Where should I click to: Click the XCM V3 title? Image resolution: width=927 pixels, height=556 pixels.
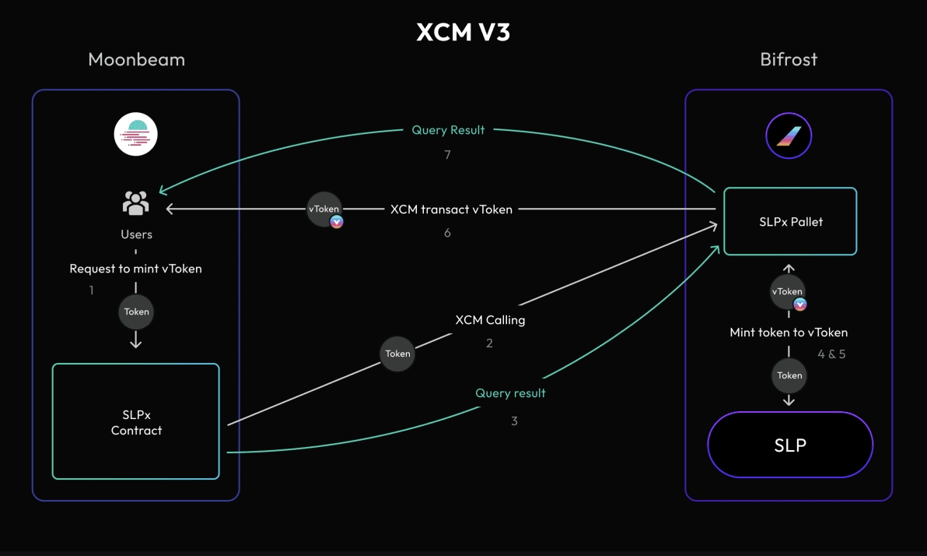463,32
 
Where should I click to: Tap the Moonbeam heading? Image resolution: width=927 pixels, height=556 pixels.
136,60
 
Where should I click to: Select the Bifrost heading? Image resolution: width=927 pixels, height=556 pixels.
789,60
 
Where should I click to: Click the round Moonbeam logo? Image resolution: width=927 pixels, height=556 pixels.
136,135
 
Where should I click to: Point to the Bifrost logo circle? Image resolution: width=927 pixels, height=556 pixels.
789,137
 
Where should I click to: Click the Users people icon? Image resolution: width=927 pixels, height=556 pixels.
136,204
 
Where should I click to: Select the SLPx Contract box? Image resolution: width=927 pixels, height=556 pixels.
136,421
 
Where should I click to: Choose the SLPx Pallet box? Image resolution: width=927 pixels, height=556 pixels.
790,222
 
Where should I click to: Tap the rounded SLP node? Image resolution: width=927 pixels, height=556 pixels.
790,445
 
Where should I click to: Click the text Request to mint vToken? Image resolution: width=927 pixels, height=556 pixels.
136,269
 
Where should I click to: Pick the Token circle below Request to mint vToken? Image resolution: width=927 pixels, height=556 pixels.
136,311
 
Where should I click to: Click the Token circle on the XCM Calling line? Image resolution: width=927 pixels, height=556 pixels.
397,354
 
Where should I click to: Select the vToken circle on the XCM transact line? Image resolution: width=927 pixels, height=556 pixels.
324,209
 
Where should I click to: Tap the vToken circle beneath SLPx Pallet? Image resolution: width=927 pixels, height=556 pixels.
787,292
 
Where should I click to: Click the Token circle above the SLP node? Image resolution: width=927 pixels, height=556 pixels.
789,375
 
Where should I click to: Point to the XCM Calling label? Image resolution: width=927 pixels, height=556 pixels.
490,320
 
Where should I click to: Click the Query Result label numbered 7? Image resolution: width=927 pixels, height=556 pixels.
448,130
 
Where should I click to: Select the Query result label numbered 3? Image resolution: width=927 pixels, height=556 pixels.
510,393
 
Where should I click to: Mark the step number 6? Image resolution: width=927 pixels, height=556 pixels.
447,233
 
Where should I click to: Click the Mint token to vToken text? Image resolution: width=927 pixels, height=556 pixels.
789,333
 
